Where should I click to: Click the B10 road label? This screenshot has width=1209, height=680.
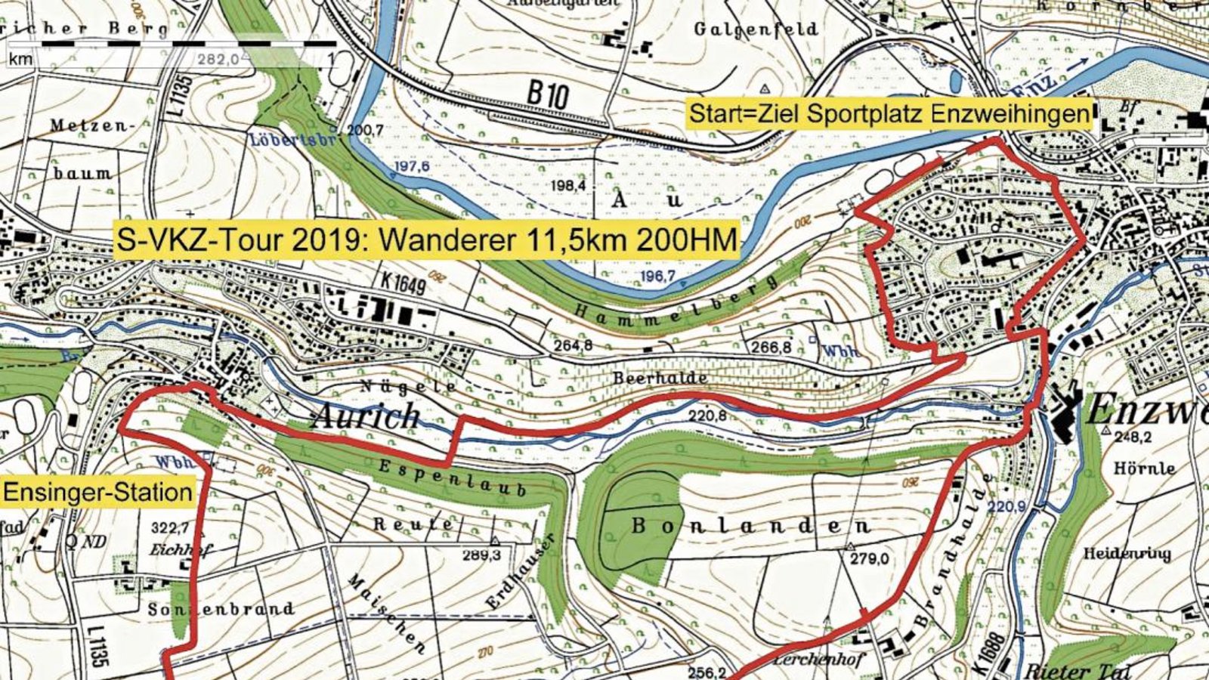pos(547,94)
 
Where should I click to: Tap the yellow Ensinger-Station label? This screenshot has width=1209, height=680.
pos(97,493)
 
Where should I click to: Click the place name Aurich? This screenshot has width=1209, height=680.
pos(365,416)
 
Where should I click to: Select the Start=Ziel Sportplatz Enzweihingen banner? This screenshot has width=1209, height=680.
pos(889,114)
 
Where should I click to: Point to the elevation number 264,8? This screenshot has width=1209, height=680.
pos(574,346)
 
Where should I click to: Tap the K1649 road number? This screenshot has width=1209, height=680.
pos(404,284)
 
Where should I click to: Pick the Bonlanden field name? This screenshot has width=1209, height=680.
pos(750,527)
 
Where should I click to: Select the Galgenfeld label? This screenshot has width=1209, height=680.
pos(756,29)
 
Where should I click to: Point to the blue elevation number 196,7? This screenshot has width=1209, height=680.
pos(657,277)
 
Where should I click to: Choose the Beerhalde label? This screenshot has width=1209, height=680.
pos(660,378)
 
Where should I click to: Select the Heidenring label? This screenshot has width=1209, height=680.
pos(1127,554)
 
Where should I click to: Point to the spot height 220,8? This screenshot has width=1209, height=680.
pos(707,416)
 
